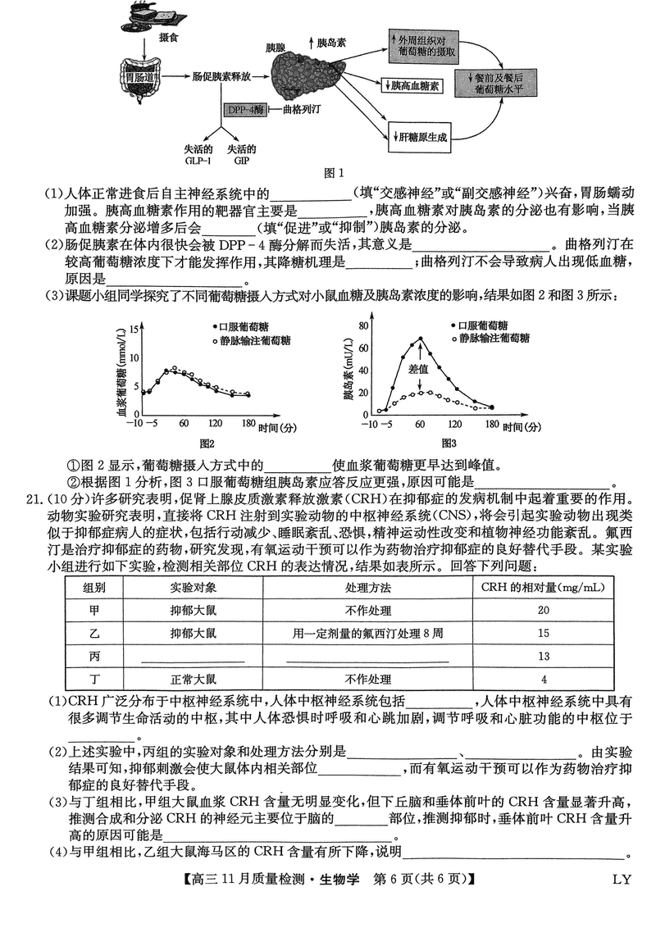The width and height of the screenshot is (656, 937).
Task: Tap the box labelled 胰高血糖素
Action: point(411,85)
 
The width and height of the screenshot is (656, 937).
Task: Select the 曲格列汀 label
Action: point(305,108)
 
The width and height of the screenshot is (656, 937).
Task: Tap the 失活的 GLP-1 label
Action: point(198,154)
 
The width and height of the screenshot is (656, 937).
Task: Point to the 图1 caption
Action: point(334,172)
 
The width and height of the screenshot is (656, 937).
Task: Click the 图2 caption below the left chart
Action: point(205,443)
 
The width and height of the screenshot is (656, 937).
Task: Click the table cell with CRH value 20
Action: point(544,610)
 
